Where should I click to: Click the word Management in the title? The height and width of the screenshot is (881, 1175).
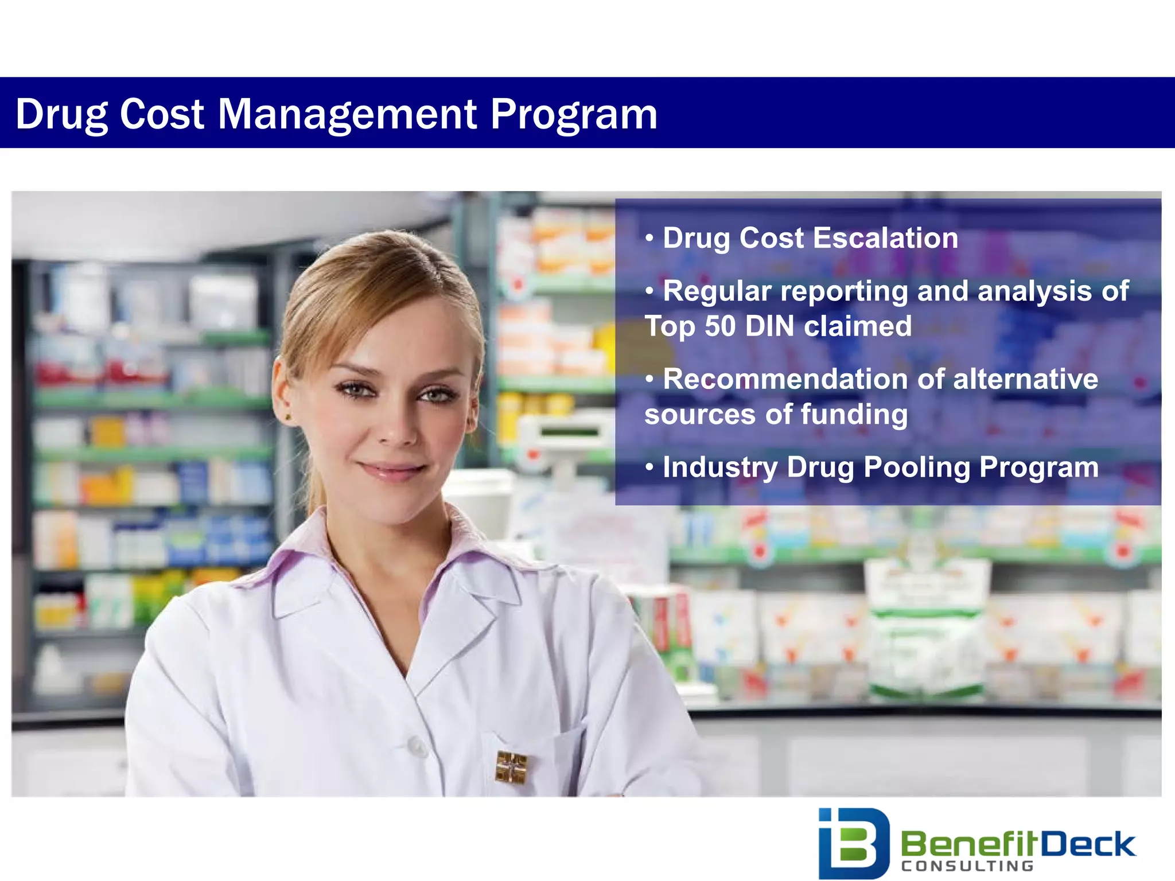(x=347, y=114)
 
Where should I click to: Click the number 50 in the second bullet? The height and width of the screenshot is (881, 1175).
(x=719, y=326)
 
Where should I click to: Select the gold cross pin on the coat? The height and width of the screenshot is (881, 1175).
(x=511, y=767)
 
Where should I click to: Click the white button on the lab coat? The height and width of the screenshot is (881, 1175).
(x=417, y=746)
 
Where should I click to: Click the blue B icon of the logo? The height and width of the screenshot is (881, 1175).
(x=853, y=842)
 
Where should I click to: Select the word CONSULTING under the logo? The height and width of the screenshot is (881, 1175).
(x=967, y=866)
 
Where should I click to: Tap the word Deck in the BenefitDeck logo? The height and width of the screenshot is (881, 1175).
(x=1088, y=844)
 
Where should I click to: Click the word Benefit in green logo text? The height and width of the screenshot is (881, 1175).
(x=970, y=844)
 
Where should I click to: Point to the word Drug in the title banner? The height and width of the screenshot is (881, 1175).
(x=61, y=114)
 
